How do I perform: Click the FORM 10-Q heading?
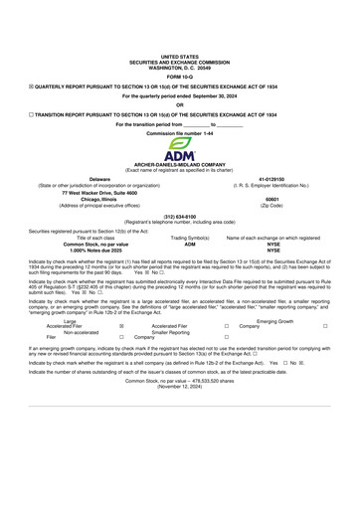point(179,77)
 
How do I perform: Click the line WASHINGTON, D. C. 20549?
point(179,67)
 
